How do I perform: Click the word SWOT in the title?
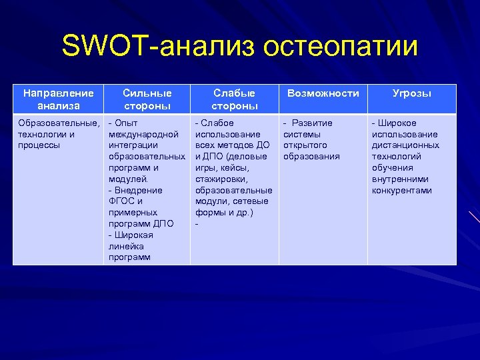click(105, 47)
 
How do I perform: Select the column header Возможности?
click(323, 93)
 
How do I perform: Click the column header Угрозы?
click(411, 93)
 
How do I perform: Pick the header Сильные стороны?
click(147, 99)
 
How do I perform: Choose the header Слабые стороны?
click(235, 99)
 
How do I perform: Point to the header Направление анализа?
click(58, 99)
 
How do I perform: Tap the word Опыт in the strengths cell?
click(126, 123)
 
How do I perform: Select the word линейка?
click(125, 246)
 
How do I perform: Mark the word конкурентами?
click(401, 190)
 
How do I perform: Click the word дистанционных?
click(405, 145)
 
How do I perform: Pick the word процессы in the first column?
click(39, 145)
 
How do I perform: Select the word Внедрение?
click(138, 190)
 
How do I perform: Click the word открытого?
click(305, 145)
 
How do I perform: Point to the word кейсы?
click(235, 168)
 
